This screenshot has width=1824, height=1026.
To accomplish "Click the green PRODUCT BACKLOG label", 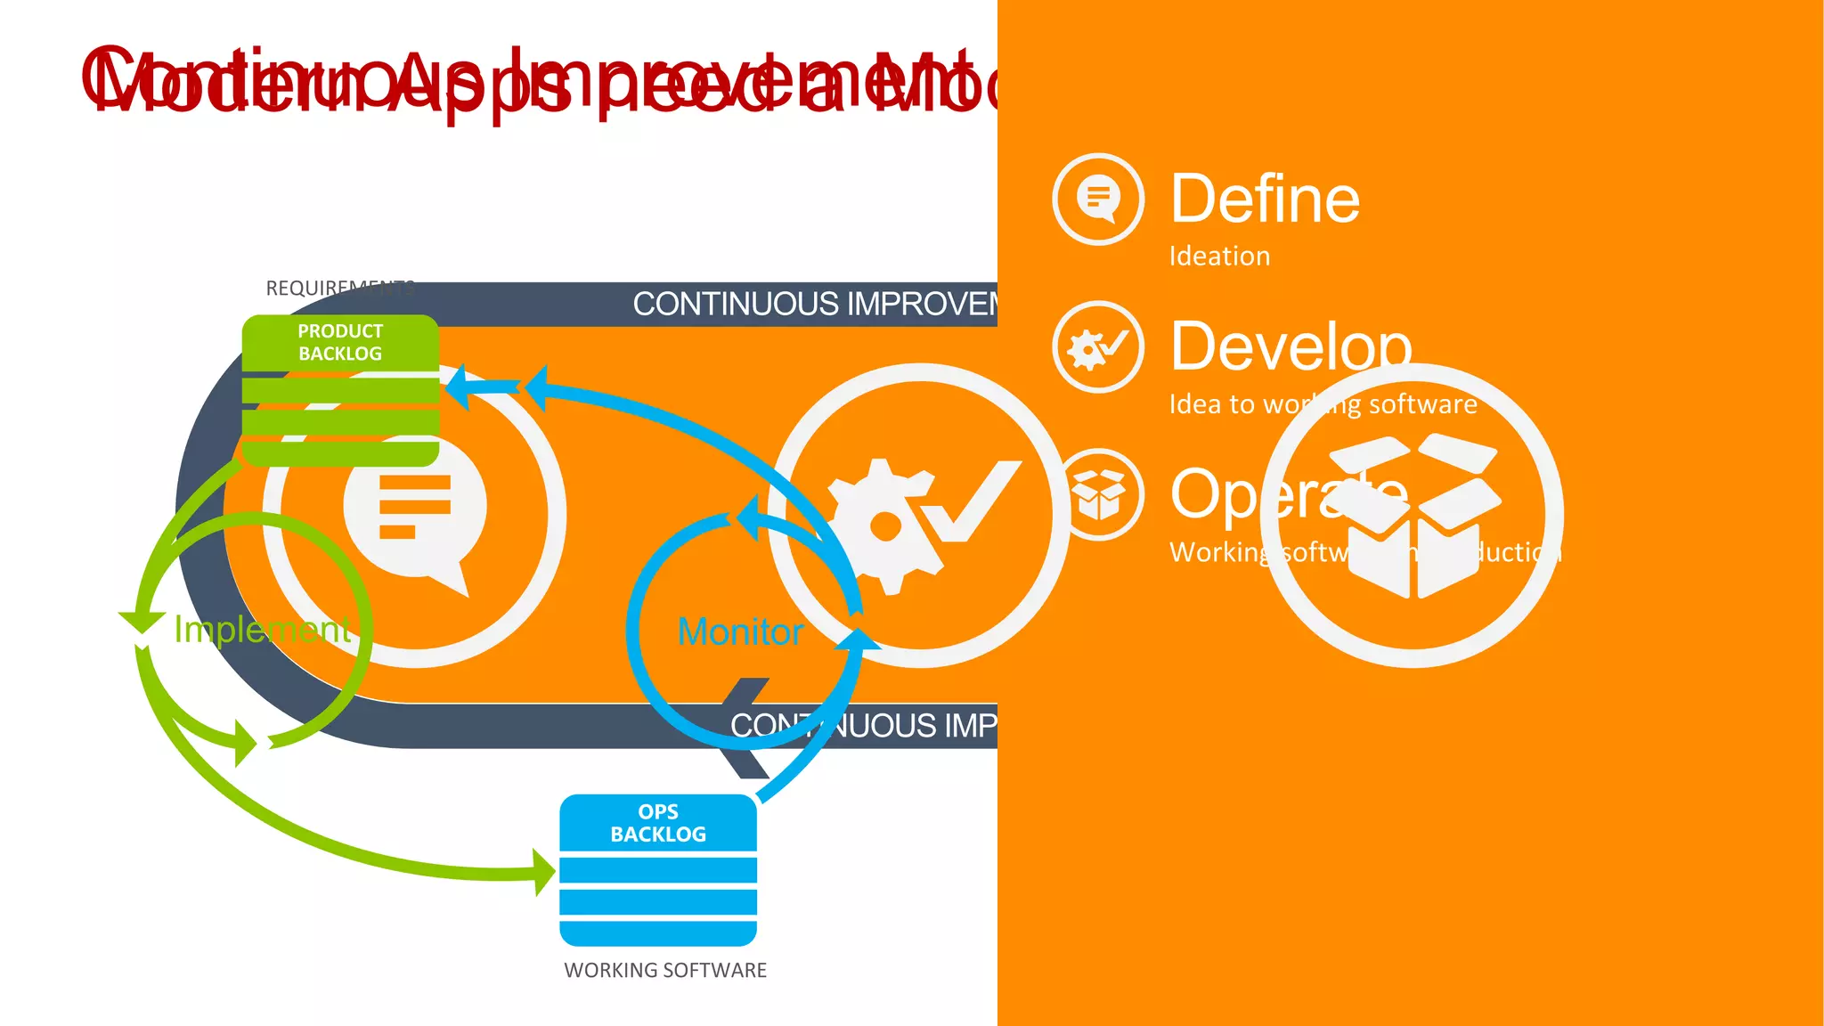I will pos(340,342).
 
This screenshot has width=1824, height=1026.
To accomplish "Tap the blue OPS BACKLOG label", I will pos(658,823).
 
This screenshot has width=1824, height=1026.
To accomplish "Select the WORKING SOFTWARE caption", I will pos(665,970).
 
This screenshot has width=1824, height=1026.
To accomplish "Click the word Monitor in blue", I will pos(740,631).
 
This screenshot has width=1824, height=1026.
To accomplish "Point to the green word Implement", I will pos(263,629).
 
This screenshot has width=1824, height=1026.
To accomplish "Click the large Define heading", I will pos(1265,199).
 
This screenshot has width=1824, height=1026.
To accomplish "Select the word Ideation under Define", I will pos(1219,256).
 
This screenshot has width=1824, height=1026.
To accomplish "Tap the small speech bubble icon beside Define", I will pos(1098,199).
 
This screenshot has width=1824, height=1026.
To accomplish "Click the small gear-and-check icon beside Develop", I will pos(1098,347).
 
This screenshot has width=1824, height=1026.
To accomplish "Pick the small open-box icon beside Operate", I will pos(1099,494).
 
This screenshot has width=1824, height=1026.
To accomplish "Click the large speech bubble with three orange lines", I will pos(415,512).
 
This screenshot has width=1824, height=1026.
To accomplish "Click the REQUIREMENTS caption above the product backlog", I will pos(339,288).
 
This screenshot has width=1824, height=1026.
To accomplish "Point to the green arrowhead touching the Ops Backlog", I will pos(543,871).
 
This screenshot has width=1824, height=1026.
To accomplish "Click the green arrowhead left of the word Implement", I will pos(142,621).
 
